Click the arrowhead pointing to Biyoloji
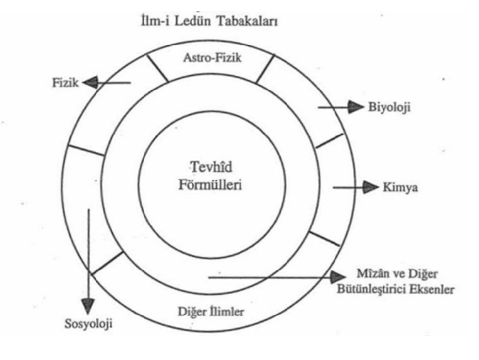(x=355, y=106)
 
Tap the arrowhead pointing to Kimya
(x=370, y=187)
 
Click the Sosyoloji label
(x=88, y=325)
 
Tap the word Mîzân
(x=371, y=273)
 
